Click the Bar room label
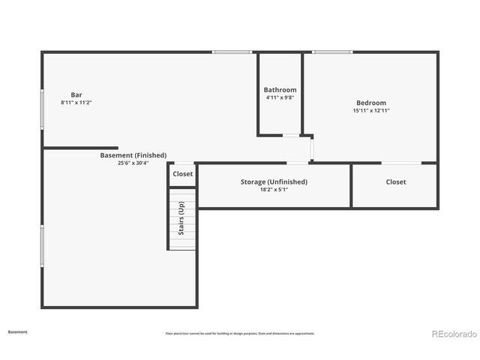coord(76,94)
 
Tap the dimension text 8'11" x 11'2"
coord(76,102)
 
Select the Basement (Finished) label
coord(133,155)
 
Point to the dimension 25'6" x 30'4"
coord(133,163)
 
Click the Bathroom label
coord(280,90)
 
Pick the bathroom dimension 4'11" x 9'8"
coord(280,97)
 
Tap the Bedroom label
coord(371,103)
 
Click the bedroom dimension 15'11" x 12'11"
coord(371,110)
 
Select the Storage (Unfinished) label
coord(274,181)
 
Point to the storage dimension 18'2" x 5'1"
coord(274,189)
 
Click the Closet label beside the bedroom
coord(396,181)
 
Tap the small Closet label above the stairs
coord(182,174)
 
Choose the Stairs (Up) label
coord(181,218)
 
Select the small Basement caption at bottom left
coord(18,331)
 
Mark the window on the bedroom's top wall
coord(332,52)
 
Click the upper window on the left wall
coord(42,102)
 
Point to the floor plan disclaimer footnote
coord(240,333)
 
